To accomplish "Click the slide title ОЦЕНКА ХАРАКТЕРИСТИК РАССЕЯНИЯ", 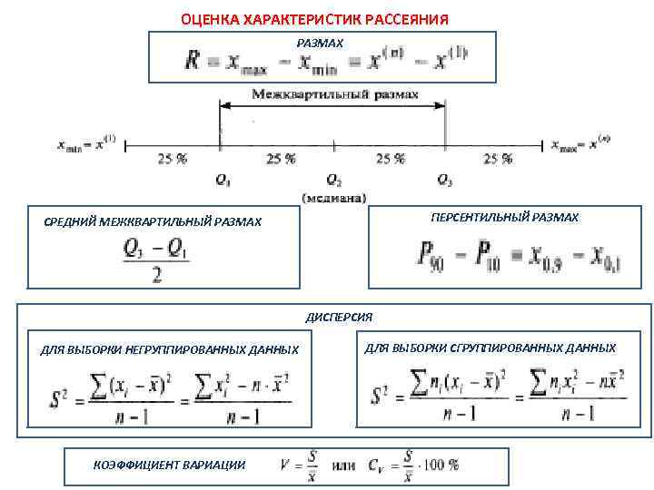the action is (313, 19).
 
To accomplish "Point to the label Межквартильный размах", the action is (334, 94).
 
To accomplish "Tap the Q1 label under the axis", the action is (223, 181).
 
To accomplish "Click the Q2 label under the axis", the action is (333, 181).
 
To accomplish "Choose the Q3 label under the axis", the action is (444, 181).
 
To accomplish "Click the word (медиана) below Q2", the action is (333, 196).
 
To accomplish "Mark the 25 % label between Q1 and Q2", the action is (281, 159).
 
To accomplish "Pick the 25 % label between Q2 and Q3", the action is (390, 159).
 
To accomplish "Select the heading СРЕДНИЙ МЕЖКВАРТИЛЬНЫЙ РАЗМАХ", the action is (153, 221).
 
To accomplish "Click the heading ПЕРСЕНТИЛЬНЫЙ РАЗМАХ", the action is (504, 218).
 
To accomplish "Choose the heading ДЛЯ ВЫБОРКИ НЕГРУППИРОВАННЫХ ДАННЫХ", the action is (170, 349).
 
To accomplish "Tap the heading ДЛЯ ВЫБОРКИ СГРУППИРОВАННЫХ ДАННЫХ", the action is (490, 348).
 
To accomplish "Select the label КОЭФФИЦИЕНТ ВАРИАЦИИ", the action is (169, 465).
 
